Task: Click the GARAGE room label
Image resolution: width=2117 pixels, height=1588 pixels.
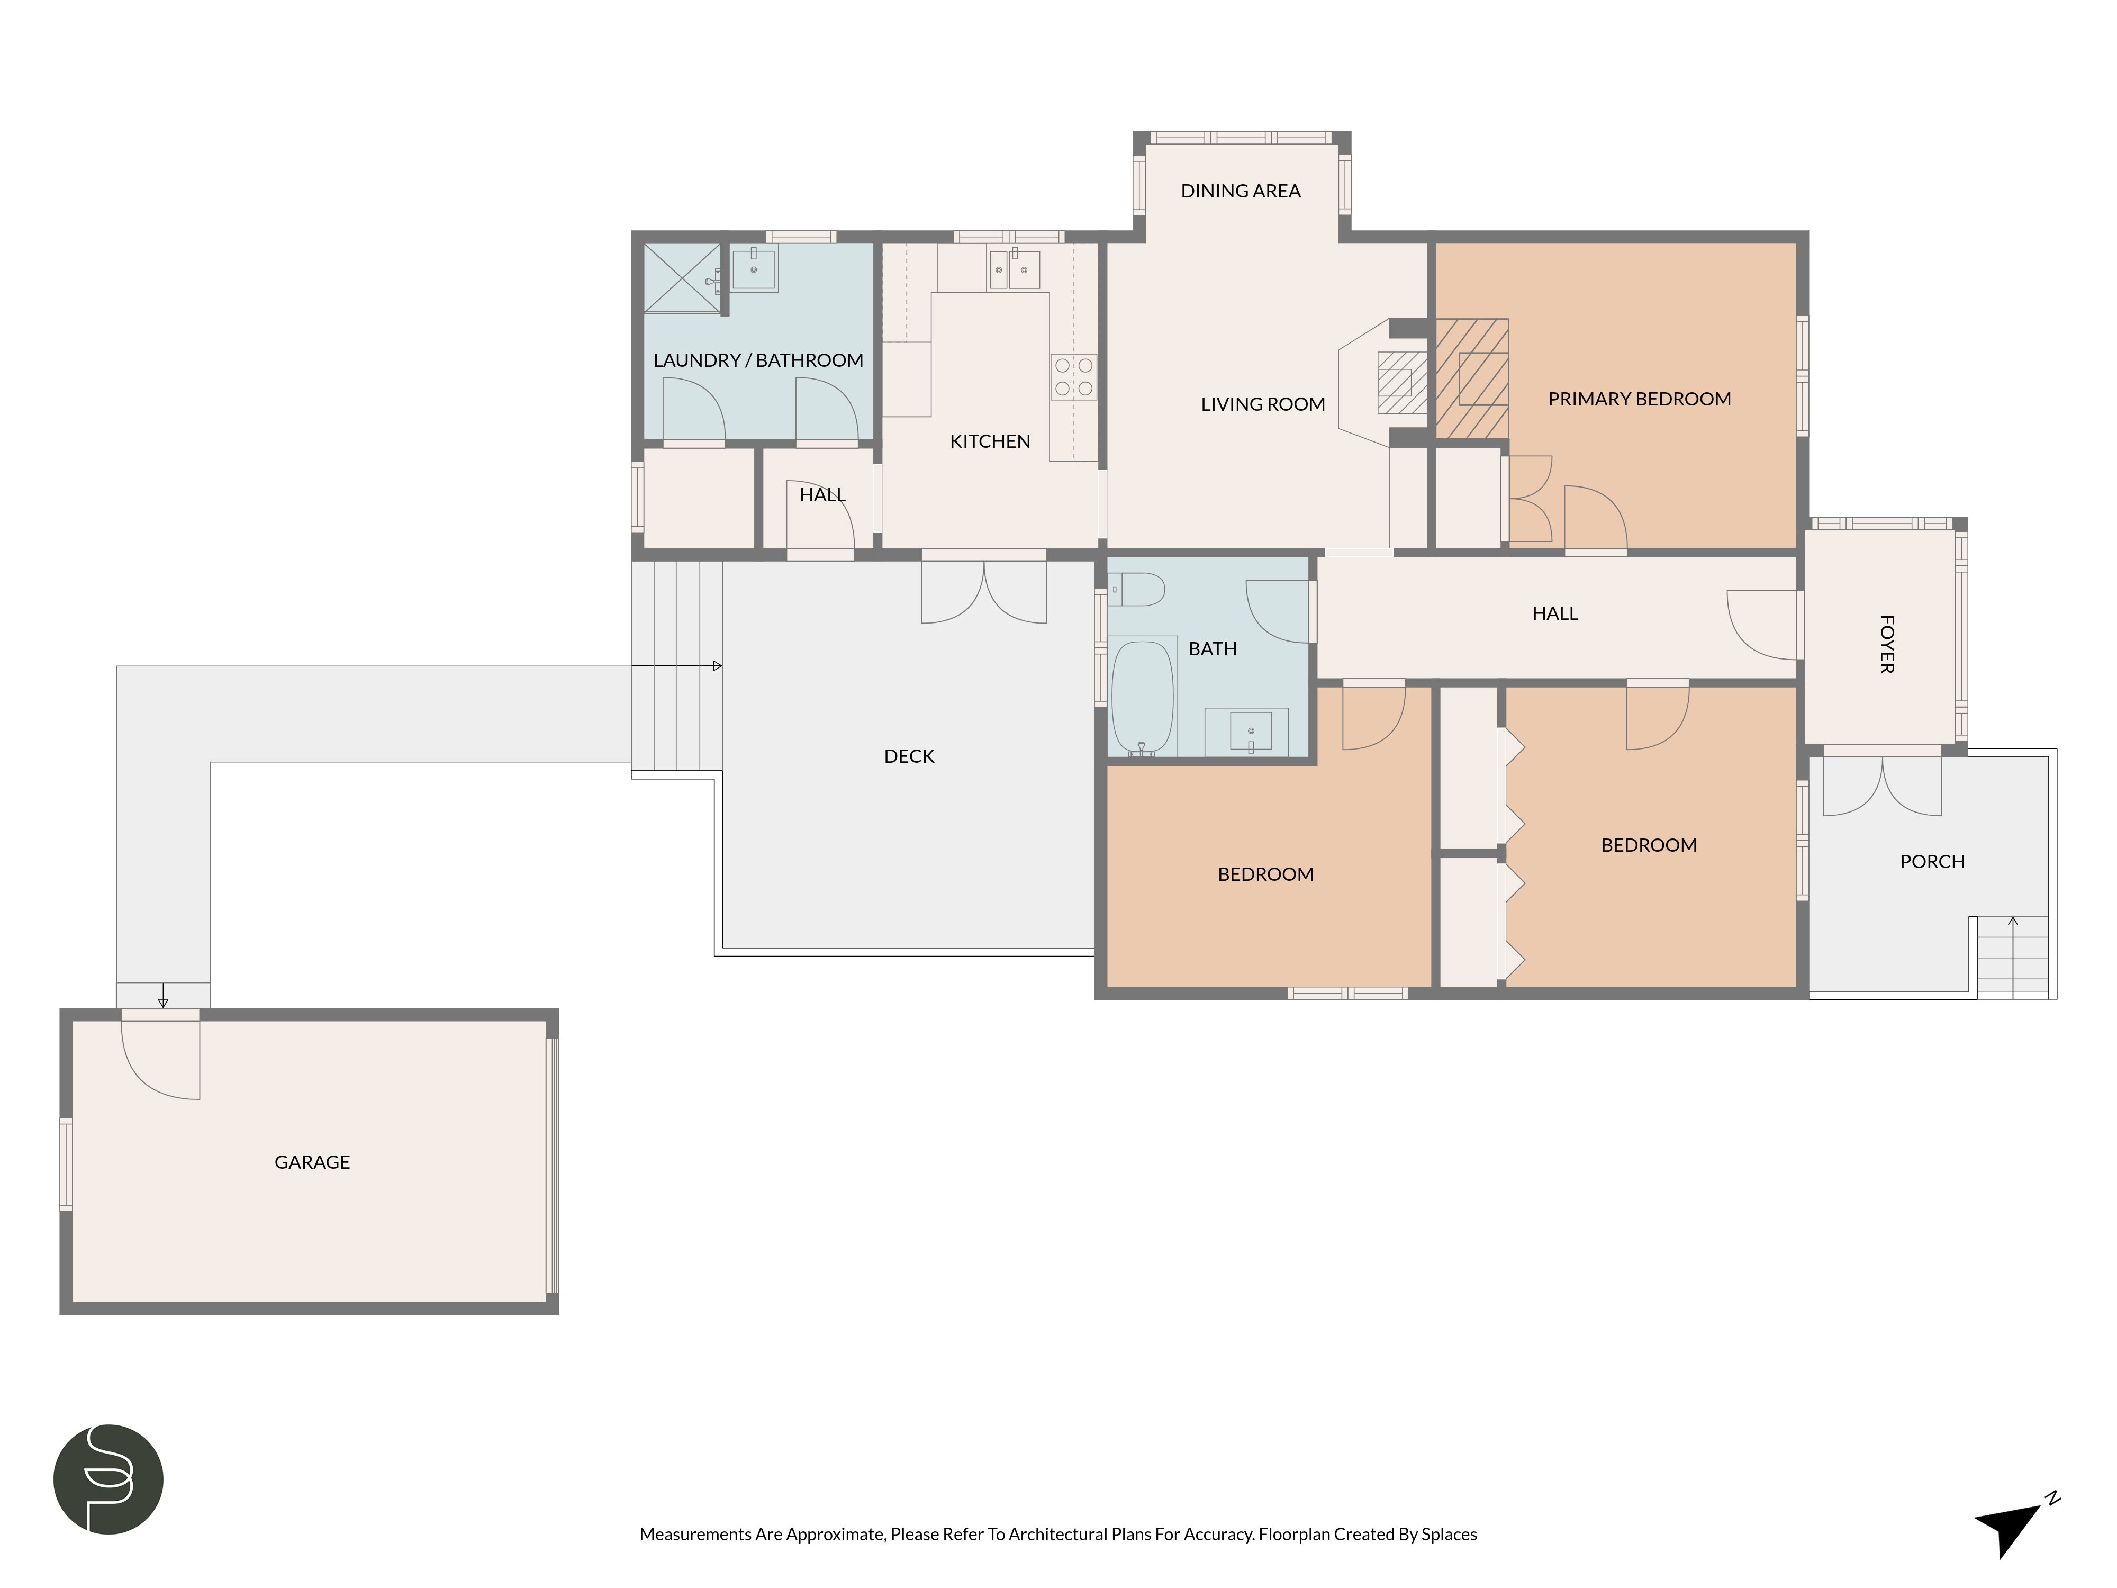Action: pyautogui.click(x=312, y=1162)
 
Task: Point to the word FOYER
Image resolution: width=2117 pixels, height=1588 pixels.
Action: pyautogui.click(x=1886, y=644)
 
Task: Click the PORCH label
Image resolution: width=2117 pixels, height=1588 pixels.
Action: pyautogui.click(x=1932, y=861)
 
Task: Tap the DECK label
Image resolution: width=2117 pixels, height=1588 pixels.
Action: pyautogui.click(x=909, y=756)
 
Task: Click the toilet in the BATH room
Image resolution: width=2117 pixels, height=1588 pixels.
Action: pyautogui.click(x=1136, y=589)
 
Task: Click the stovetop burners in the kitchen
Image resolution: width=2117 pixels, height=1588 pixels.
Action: pyautogui.click(x=1074, y=376)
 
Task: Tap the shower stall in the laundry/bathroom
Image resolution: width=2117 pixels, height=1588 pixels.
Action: pyautogui.click(x=682, y=277)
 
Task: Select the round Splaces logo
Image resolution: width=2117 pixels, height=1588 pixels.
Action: pyautogui.click(x=108, y=1479)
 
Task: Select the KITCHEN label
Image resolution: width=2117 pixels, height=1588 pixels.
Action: pyautogui.click(x=990, y=441)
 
